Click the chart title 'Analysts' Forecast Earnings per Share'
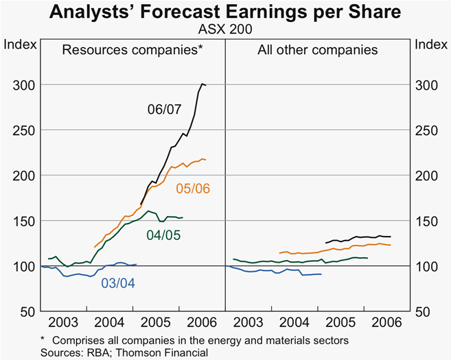(225, 13)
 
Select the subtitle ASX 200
(225, 29)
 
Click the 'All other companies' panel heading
(317, 50)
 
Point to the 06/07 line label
(165, 108)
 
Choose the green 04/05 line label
(165, 235)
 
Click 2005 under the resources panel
(157, 322)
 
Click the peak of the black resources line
(203, 84)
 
